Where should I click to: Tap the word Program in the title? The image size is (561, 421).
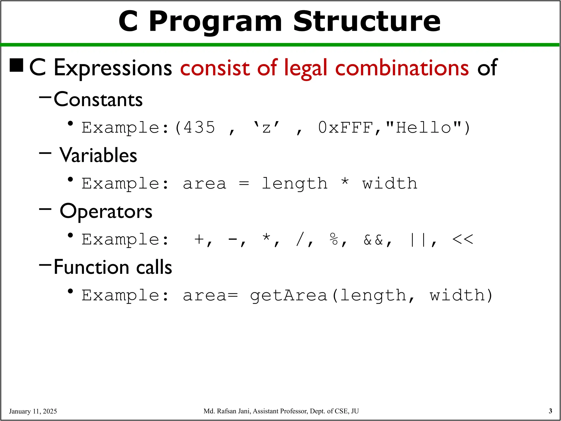215,22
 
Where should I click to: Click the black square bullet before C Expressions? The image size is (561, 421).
16,65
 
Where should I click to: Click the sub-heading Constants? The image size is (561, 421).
98,99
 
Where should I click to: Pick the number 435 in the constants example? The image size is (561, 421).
199,128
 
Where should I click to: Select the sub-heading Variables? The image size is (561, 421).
98,155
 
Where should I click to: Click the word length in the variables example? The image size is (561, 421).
294,184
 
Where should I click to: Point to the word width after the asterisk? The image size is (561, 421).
390,184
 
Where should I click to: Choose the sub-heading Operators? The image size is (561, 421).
106,212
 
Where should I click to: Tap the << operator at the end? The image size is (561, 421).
462,239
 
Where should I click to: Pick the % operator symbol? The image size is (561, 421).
334,239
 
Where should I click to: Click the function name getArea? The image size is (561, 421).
288,296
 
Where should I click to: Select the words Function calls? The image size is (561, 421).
113,267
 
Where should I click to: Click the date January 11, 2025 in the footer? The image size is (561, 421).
33,411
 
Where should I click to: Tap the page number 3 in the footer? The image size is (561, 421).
550,411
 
